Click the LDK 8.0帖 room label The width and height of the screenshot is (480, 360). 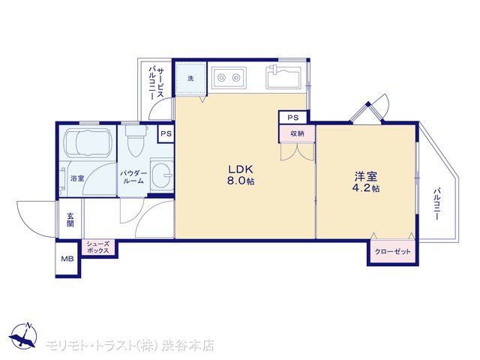[x=240, y=175]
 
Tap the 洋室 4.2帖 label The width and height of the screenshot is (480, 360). [x=366, y=182]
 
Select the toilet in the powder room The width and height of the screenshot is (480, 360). [x=136, y=140]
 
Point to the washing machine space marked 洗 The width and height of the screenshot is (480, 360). [x=190, y=78]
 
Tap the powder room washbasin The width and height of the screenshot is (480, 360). [x=162, y=175]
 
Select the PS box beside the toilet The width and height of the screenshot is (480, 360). [x=166, y=133]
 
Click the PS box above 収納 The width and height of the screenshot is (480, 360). [x=293, y=118]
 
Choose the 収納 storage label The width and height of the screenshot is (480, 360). [x=297, y=133]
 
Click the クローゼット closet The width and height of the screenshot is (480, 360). [x=393, y=252]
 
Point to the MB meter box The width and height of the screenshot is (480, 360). [x=67, y=259]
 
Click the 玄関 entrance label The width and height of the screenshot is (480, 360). [x=70, y=220]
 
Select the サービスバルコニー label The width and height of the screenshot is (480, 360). [x=156, y=83]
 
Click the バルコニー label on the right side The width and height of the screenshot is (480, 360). [x=436, y=204]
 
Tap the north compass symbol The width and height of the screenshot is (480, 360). [x=23, y=335]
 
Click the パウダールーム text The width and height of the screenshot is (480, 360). [x=133, y=177]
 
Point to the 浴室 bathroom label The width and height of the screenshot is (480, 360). [x=77, y=178]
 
